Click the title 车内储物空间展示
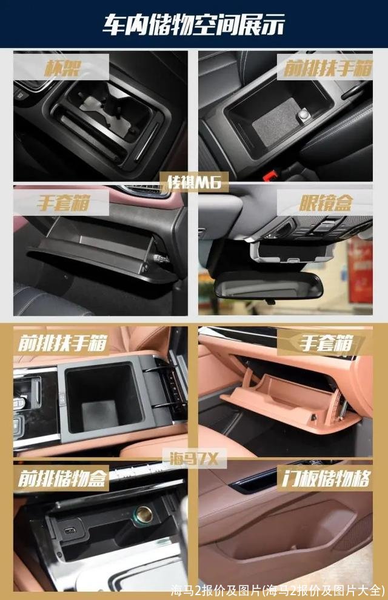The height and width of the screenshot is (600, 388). tap(193, 25)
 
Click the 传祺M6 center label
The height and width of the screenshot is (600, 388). tap(195, 182)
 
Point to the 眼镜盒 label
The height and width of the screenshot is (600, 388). tap(325, 203)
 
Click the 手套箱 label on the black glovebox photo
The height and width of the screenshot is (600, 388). tap(64, 202)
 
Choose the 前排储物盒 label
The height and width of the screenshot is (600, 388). tap(62, 478)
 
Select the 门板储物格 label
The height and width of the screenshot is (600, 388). tap(326, 478)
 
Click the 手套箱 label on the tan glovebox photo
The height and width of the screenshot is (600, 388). tap(326, 343)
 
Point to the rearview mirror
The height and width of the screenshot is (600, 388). tap(268, 285)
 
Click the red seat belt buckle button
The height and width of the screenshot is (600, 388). tap(271, 175)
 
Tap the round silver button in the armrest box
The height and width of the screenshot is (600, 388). tap(304, 114)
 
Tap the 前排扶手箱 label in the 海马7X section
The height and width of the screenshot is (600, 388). tap(62, 343)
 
